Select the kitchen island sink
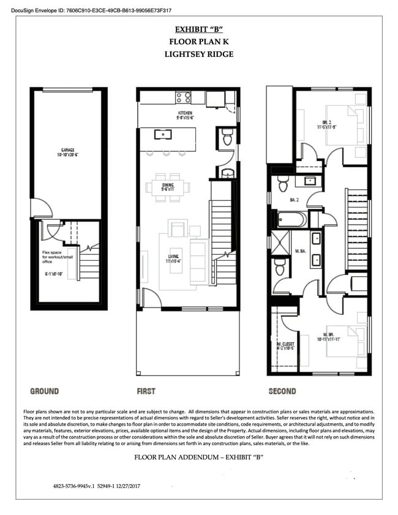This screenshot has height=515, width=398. click(163, 133)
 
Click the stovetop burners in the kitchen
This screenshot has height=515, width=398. click(182, 96)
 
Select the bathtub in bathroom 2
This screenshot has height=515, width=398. click(291, 219)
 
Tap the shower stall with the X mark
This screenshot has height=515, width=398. click(282, 238)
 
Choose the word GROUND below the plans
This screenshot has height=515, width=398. click(45, 391)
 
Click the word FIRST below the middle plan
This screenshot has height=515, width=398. click(146, 391)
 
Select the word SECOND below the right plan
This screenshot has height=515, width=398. click(282, 391)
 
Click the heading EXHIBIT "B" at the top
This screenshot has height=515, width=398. click(198, 29)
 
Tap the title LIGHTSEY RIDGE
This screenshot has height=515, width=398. click(198, 54)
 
